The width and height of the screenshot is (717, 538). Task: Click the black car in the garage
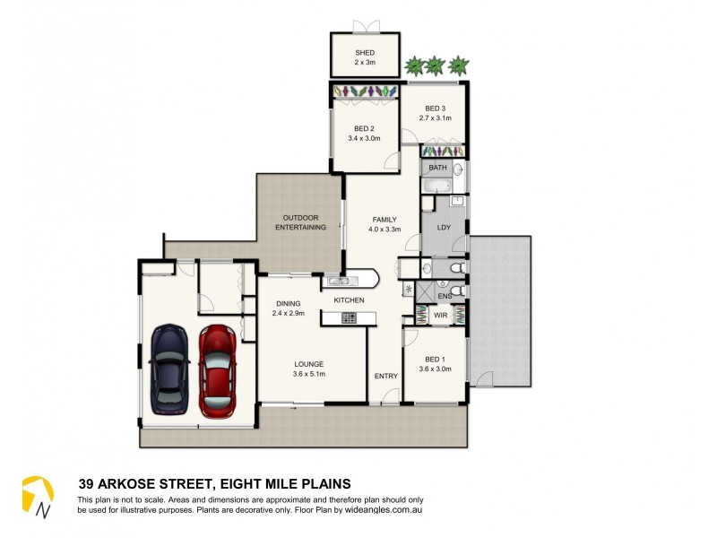pos(169,370)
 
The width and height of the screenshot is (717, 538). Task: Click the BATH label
pos(437,168)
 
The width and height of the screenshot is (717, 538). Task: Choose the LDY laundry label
pos(443,227)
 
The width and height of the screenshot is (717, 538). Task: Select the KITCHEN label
pos(349,299)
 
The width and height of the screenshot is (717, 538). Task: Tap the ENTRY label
pos(385,375)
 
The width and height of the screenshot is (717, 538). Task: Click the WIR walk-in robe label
pos(440,316)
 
